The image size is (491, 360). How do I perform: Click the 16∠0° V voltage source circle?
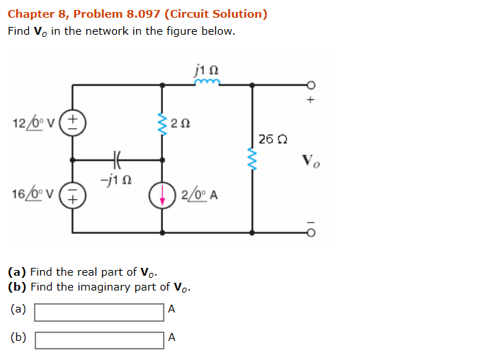pos(73,195)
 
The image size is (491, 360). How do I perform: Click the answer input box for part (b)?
pos(99,340)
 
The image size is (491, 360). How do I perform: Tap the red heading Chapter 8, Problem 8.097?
pos(137,14)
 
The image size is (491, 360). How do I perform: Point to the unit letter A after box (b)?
pos(171,338)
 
